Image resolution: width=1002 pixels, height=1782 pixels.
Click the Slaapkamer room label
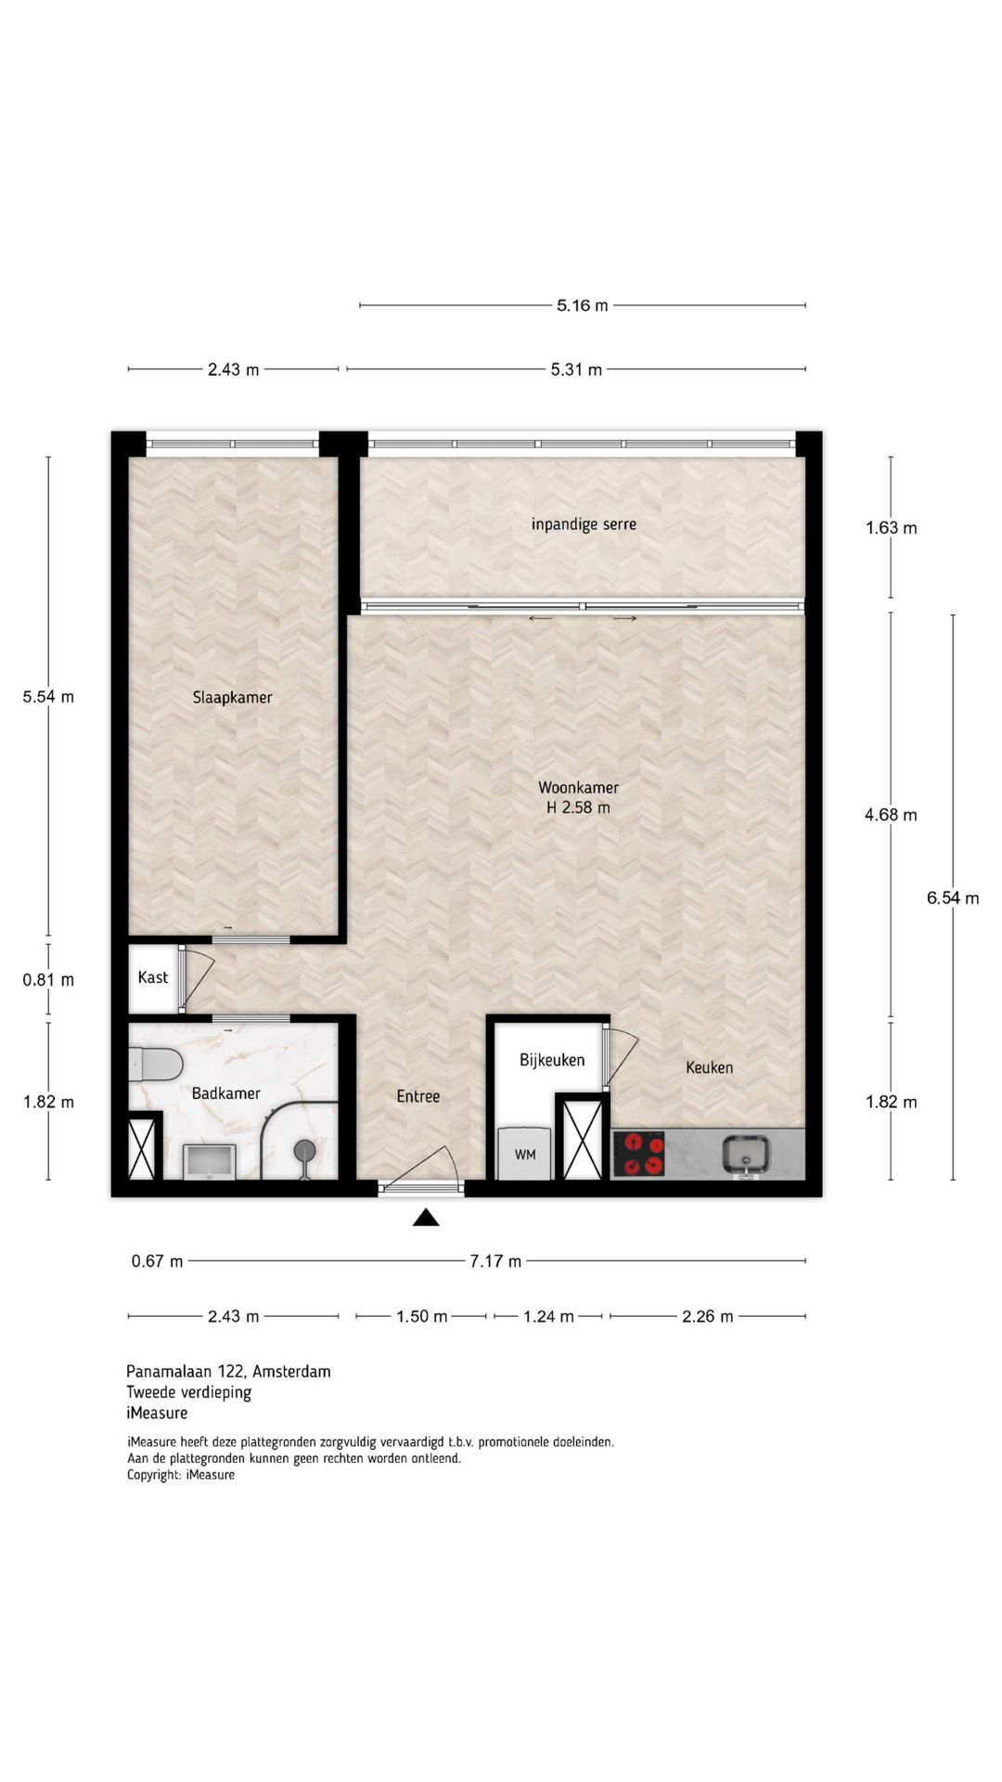coord(232,698)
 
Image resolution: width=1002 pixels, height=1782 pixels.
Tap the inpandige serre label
coord(584,524)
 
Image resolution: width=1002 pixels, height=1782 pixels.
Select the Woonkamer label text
coord(578,787)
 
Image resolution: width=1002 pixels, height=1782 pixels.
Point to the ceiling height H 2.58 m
coord(578,807)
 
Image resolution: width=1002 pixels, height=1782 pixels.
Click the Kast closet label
coord(153,977)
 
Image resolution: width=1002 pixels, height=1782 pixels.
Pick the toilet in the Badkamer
coord(155,1064)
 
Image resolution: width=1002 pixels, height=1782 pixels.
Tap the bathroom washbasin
coord(209,1161)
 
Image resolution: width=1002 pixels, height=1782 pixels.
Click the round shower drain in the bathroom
coord(305,1151)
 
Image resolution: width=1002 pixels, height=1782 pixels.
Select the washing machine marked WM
coord(525,1154)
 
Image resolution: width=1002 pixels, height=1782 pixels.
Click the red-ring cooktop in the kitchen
coord(639,1154)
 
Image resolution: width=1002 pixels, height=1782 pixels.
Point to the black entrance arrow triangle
coord(426,1218)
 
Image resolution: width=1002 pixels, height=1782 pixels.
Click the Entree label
coord(418,1097)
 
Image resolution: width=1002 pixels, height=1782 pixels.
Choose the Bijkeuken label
coord(552,1060)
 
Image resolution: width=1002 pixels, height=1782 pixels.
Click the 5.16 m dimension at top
coord(583,305)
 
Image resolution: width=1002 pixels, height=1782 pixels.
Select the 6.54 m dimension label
coord(953,897)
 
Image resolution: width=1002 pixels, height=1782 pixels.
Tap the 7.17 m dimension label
coord(495,1261)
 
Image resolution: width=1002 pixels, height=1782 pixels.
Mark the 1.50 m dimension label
coord(422,1317)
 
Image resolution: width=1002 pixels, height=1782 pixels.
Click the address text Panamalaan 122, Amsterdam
coord(228,1372)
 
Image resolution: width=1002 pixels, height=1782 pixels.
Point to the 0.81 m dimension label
coord(48,979)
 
